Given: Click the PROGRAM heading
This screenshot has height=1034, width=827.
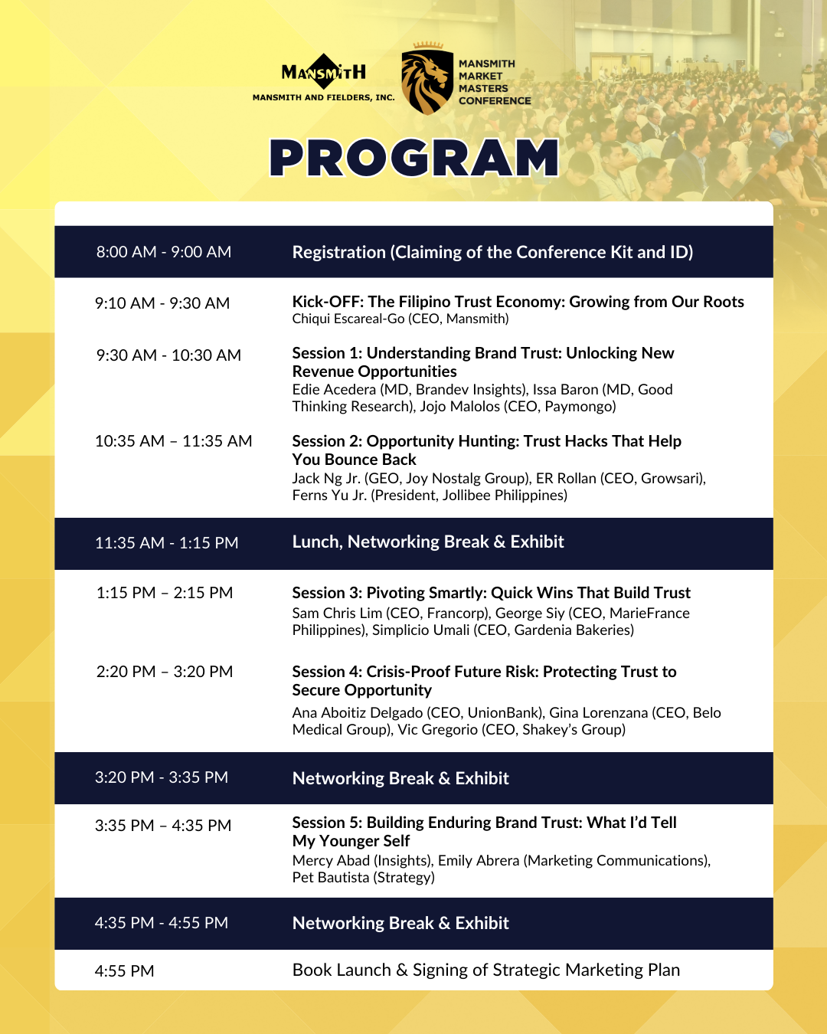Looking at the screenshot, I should pyautogui.click(x=414, y=158).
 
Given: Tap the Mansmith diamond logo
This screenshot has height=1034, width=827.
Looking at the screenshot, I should pyautogui.click(x=324, y=73).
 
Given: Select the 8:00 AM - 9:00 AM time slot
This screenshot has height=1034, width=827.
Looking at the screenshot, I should pyautogui.click(x=164, y=252).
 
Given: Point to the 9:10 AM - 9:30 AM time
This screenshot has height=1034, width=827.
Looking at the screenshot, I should pyautogui.click(x=162, y=303).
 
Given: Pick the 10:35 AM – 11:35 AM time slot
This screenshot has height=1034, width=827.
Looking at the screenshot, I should pyautogui.click(x=173, y=441).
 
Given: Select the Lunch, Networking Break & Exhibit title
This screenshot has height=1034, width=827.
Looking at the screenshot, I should pyautogui.click(x=428, y=542).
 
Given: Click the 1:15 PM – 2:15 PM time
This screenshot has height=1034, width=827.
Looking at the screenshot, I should pyautogui.click(x=165, y=593).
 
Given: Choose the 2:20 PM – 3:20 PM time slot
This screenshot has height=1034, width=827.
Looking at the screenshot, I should pyautogui.click(x=165, y=672).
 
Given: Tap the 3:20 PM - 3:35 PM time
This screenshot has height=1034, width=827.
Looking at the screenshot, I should pyautogui.click(x=162, y=777).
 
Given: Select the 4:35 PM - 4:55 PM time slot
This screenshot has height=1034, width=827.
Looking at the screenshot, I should pyautogui.click(x=162, y=923).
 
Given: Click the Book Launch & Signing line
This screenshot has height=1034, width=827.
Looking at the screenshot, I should pyautogui.click(x=485, y=970).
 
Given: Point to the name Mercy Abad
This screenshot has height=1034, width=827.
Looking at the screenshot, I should pyautogui.click(x=331, y=861).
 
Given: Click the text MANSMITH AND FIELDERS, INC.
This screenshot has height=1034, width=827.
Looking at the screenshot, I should pyautogui.click(x=324, y=98).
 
